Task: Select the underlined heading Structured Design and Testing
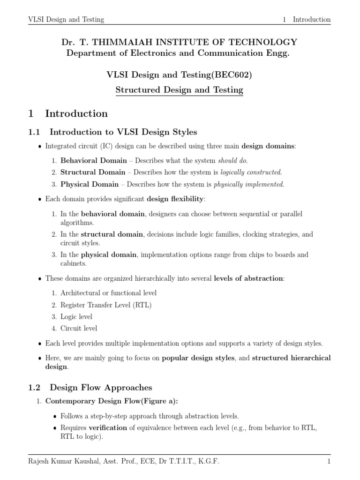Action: (180, 90)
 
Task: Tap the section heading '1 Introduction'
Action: (68, 113)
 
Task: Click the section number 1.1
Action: (36, 132)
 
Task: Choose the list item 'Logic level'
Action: (76, 316)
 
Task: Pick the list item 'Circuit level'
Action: (79, 328)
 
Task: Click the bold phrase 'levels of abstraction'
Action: (248, 278)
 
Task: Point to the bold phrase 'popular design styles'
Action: (198, 358)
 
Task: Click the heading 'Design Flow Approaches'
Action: (101, 387)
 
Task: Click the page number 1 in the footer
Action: (329, 462)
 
